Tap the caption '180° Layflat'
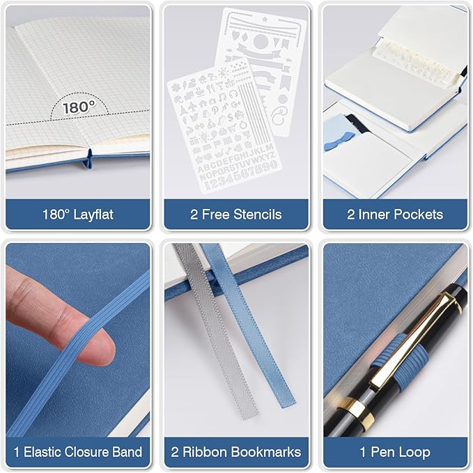[x=78, y=215]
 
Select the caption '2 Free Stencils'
[x=236, y=215]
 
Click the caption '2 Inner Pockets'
[x=395, y=215]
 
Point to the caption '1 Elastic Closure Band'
[x=78, y=452]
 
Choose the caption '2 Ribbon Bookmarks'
[x=236, y=452]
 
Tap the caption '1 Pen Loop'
[x=395, y=452]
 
